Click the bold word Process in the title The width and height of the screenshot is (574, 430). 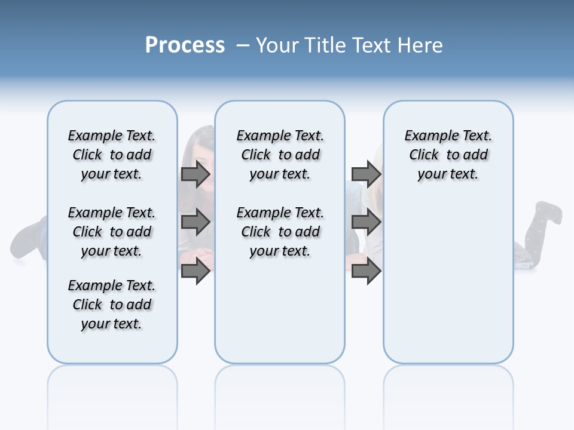click(185, 45)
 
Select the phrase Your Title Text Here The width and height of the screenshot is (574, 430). click(349, 45)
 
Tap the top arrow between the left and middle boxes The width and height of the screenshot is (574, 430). click(196, 174)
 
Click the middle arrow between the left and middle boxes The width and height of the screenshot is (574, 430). click(196, 223)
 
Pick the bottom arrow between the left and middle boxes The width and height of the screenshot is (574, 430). click(196, 271)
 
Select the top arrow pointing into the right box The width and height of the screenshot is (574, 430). click(366, 174)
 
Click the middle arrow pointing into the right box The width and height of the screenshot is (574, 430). click(366, 223)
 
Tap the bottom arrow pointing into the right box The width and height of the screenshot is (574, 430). click(366, 271)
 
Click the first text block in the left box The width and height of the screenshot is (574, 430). click(112, 155)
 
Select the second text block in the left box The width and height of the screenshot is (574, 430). click(112, 232)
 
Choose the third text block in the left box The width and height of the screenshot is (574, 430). click(112, 305)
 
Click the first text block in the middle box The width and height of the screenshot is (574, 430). click(280, 155)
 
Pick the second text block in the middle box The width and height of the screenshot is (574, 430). click(280, 232)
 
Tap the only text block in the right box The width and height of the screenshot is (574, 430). click(448, 155)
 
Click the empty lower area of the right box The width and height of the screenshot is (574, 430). click(448, 287)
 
